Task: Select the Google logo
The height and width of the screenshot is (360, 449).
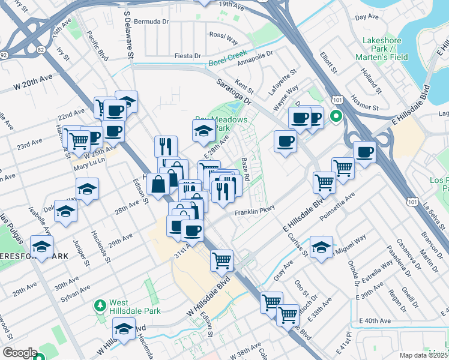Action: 19,353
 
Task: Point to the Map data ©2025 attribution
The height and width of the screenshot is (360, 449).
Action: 424,355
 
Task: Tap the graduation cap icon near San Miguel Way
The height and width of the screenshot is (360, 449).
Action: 321,247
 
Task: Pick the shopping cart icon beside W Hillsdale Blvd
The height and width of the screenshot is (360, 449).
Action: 221,260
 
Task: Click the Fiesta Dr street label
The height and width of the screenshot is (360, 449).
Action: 187,56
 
